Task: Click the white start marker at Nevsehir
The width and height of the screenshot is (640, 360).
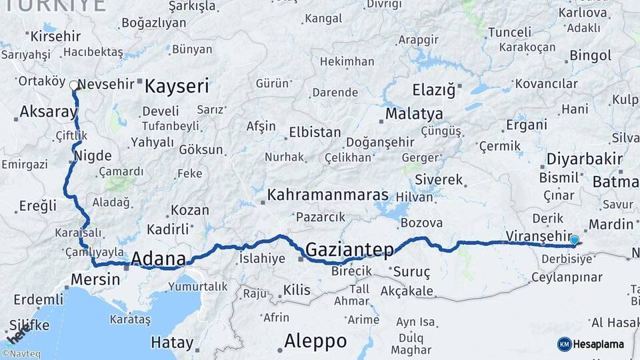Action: coord(73,85)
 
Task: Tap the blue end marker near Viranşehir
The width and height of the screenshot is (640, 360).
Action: coord(575,240)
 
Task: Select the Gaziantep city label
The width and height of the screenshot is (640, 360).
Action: coord(350,249)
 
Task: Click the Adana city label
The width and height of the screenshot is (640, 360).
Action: coord(159,258)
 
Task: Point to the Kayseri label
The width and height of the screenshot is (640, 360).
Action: coord(177,86)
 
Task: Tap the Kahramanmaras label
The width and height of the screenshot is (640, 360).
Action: coord(328,195)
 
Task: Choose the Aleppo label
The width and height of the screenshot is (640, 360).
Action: coord(315,341)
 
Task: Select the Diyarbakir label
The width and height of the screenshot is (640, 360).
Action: coord(584,159)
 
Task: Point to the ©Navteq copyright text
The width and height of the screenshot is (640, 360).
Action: coord(21,354)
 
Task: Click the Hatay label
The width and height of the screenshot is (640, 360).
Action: coord(172,343)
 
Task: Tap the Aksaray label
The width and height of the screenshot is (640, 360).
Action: coord(49,112)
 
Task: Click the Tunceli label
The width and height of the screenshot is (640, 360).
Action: coord(509,32)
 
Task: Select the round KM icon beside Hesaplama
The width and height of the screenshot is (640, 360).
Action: coord(564,344)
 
